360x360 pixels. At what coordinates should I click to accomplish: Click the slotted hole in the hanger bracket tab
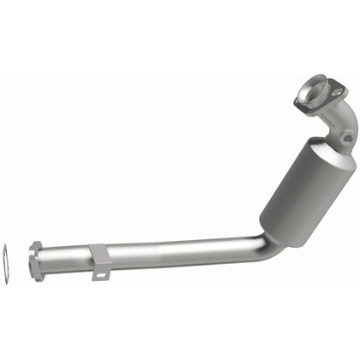click(101, 275)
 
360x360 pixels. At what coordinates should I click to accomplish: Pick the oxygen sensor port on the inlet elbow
click(345, 137)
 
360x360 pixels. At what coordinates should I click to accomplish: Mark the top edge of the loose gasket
click(6, 247)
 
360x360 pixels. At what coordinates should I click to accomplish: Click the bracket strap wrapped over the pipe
click(99, 255)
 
